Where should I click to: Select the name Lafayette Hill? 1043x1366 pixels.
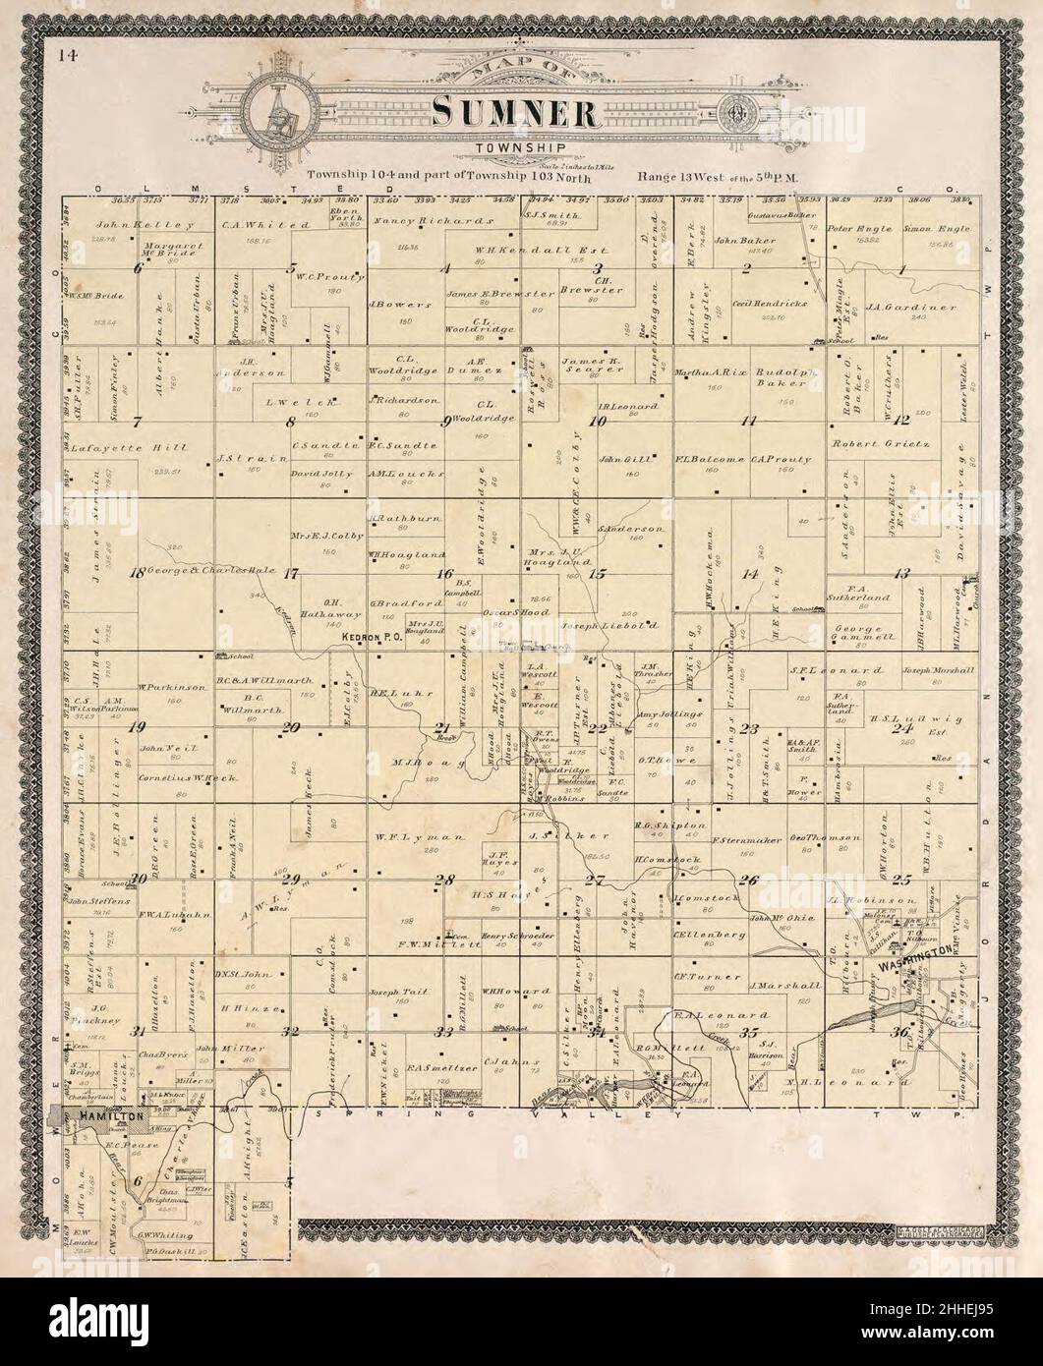(115, 448)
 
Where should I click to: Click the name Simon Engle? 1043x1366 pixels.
(937, 228)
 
